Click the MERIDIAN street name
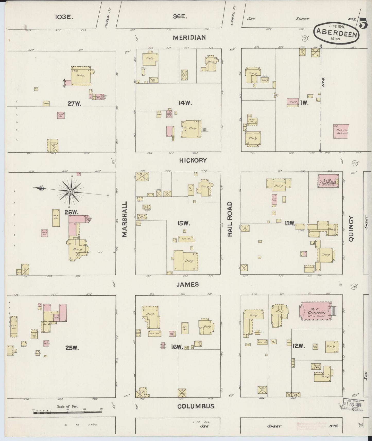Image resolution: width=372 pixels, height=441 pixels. point(189,38)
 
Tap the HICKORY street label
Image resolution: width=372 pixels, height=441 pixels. point(193,160)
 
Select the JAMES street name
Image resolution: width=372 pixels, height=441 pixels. point(188,284)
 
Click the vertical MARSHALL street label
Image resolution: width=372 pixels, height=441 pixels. point(125,219)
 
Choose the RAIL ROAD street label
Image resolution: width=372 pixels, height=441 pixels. point(230,219)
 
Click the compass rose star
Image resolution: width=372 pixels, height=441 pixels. point(70,191)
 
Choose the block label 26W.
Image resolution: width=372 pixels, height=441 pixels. point(71,212)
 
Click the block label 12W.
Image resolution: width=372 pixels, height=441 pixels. point(298,347)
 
